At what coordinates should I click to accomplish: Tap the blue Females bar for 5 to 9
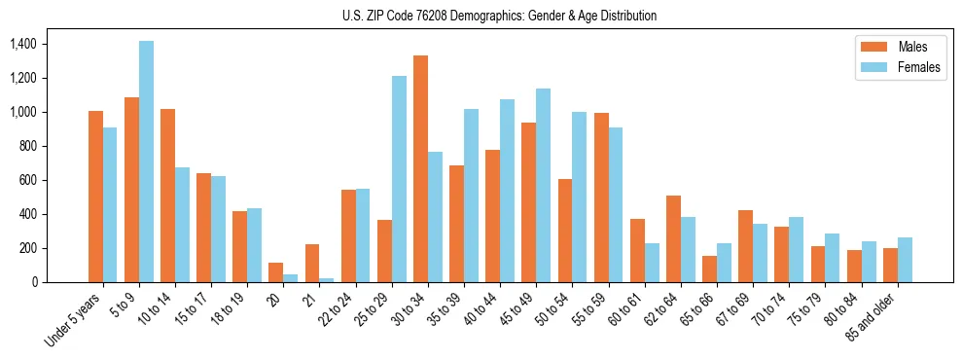146,162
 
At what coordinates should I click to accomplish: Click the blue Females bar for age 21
326,279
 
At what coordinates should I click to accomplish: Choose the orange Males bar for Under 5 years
95,197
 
